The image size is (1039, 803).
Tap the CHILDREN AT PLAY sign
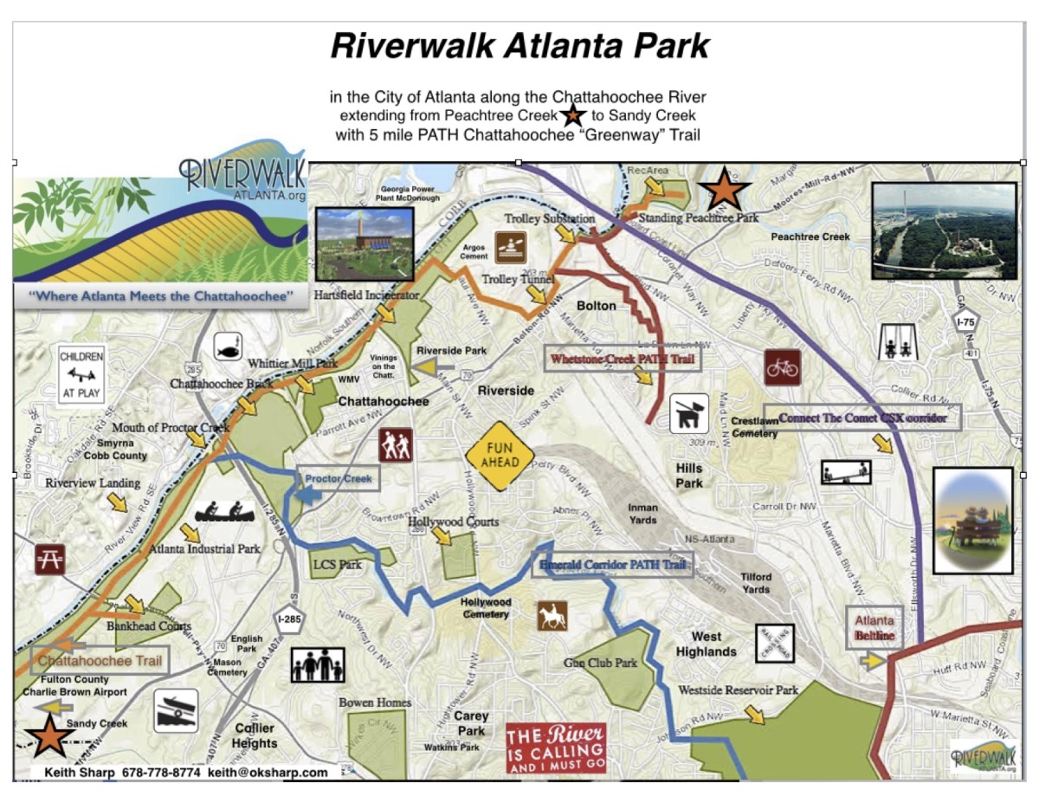point(81,374)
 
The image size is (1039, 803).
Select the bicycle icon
point(782,367)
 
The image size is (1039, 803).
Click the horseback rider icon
point(552,616)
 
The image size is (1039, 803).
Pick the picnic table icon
point(48,559)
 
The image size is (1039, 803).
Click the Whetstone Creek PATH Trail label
point(623,358)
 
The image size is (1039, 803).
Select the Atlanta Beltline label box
point(874,628)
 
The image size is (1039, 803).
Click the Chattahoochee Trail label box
point(100,660)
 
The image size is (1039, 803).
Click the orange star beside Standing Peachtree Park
point(724,190)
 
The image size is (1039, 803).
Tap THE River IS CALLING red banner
point(556,748)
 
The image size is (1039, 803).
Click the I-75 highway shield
point(965,322)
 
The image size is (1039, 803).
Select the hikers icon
point(395,445)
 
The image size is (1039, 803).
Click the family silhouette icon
point(318,665)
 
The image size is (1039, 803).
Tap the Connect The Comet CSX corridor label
point(862,418)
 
